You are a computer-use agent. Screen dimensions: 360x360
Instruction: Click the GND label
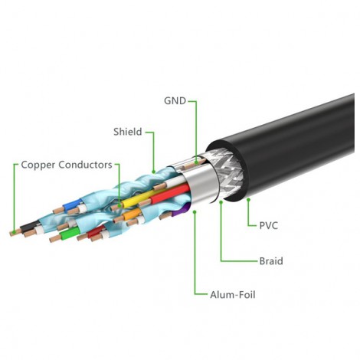tap(175, 101)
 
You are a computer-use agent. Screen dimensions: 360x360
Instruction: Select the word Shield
tap(128, 132)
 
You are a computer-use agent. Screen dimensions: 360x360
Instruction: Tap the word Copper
tap(38, 165)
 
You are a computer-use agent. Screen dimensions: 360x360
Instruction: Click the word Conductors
tap(85, 165)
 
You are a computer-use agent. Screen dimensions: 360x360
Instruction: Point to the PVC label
tap(269, 226)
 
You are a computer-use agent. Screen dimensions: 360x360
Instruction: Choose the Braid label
tap(271, 261)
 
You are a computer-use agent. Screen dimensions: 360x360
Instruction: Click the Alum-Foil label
tap(233, 295)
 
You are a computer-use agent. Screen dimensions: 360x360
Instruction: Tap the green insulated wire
tap(70, 233)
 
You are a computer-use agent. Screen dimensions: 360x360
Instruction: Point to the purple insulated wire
tap(180, 210)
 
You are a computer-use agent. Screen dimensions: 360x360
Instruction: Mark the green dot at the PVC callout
tap(248, 200)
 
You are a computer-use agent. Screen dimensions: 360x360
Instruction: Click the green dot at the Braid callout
tap(221, 202)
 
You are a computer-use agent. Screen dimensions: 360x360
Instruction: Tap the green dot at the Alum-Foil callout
tap(195, 212)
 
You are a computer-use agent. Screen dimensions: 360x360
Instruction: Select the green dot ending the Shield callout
tap(154, 172)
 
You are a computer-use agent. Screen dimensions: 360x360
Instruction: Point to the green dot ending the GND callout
tap(196, 162)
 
